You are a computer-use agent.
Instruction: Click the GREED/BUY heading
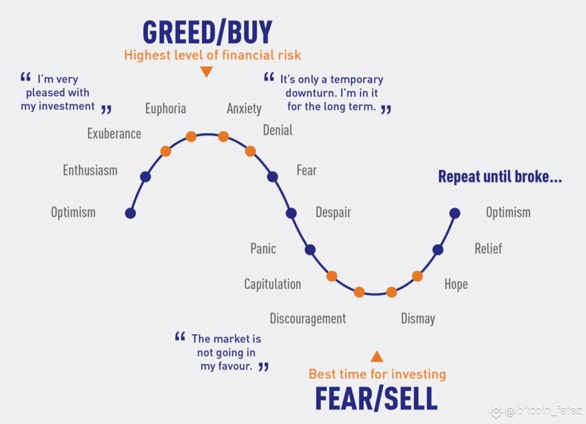[208, 32]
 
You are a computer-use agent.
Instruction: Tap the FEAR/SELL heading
[376, 398]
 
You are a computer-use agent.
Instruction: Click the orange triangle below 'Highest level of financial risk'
[207, 71]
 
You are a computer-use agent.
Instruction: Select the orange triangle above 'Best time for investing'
[377, 357]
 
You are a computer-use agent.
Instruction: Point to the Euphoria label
[166, 109]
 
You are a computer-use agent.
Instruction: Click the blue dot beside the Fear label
[272, 177]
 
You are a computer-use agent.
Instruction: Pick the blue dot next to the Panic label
[310, 250]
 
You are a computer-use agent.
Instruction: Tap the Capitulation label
[272, 284]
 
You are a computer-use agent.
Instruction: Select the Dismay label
[418, 319]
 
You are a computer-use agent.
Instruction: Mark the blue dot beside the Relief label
[438, 250]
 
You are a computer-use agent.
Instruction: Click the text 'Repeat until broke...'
[500, 177]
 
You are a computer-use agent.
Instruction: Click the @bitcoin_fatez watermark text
[544, 411]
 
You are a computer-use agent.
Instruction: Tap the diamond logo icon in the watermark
[496, 411]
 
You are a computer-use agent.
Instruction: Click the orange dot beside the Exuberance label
[166, 151]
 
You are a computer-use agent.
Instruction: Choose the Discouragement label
[308, 319]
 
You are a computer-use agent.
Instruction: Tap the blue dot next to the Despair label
[291, 213]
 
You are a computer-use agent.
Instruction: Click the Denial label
[278, 130]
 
